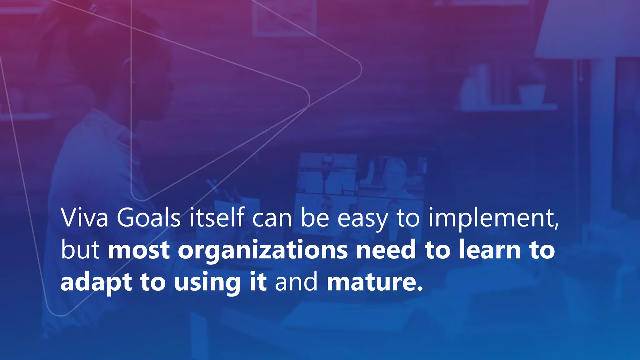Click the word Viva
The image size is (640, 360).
coord(84,217)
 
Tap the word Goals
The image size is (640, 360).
coord(149,217)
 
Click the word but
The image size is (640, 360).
coord(80,250)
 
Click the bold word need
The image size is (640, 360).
coord(386,250)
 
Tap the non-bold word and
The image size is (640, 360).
coord(296,282)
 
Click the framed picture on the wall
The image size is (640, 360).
coord(284,17)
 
